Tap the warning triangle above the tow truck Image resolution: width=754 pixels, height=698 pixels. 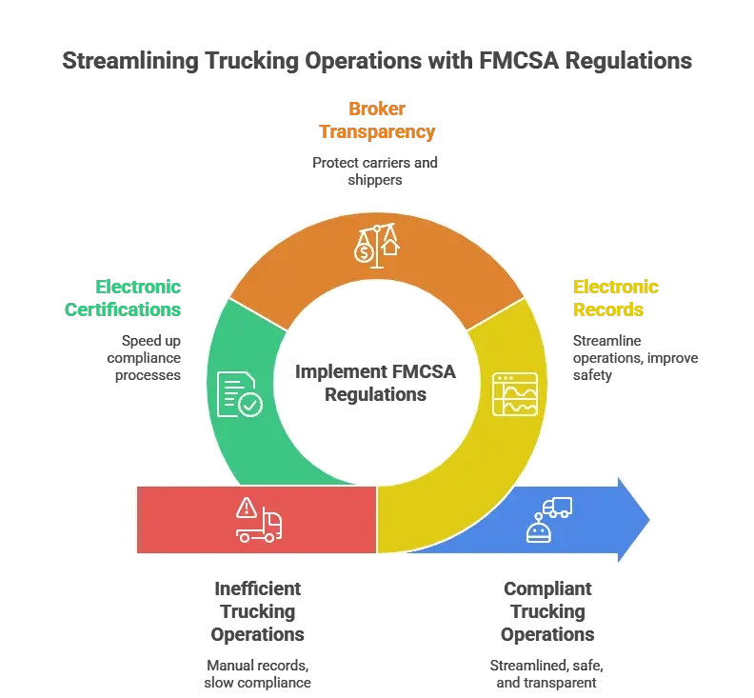click(x=248, y=506)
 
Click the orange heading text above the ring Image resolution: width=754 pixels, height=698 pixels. click(x=378, y=121)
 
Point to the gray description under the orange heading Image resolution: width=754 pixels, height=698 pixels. click(x=378, y=170)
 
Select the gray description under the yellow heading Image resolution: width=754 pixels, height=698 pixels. click(x=633, y=358)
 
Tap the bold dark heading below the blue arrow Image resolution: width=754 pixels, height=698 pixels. click(x=546, y=609)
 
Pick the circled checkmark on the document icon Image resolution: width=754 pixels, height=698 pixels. click(x=250, y=406)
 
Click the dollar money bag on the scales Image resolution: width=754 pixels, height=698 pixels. click(x=362, y=251)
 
